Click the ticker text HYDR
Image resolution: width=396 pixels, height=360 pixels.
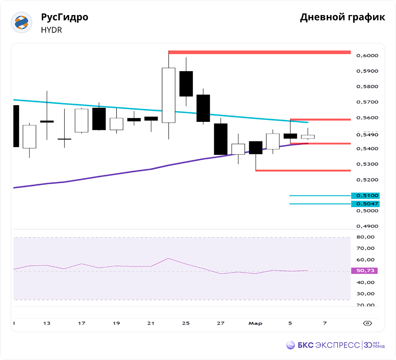[x=51, y=30]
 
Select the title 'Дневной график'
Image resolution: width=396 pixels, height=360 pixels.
[x=342, y=17]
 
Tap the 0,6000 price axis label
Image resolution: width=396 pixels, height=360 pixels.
[x=367, y=56]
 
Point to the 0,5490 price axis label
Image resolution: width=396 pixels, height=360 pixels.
[x=367, y=135]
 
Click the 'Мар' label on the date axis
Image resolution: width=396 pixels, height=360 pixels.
[x=255, y=323]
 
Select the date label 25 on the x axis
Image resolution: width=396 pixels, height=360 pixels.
[x=186, y=323]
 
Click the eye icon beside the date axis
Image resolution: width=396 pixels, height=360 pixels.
[x=367, y=323]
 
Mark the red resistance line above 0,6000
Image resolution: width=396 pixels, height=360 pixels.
[x=259, y=52]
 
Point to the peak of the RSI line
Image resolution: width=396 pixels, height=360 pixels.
[x=168, y=258]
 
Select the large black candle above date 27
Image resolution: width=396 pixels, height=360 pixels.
[x=221, y=139]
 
